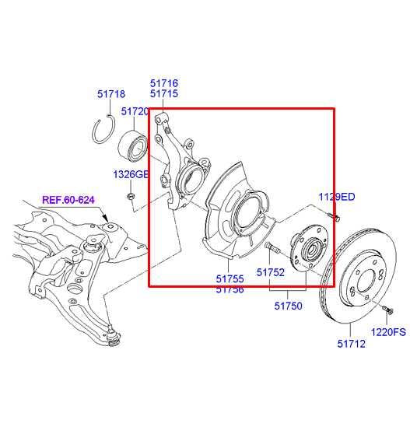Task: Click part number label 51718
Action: [x=111, y=94]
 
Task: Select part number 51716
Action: [x=163, y=82]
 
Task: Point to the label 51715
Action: [x=163, y=93]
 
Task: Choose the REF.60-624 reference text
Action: [x=68, y=200]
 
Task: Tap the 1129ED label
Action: [x=336, y=198]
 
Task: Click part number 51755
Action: [x=230, y=278]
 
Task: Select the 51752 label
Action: [x=272, y=273]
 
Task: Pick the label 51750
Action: [x=288, y=306]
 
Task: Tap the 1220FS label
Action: [x=388, y=332]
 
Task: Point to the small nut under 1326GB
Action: [x=132, y=194]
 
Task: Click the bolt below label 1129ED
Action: [x=334, y=215]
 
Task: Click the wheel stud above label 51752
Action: [x=273, y=248]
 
